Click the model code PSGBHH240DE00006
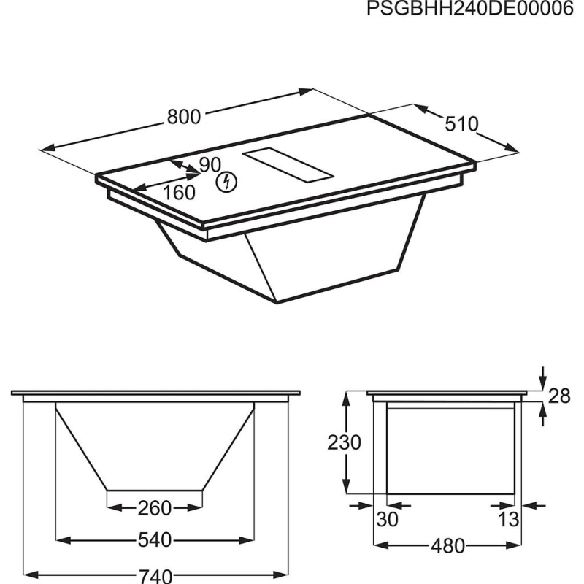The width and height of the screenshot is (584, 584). [x=470, y=8]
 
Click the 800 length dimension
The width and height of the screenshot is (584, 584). [x=184, y=116]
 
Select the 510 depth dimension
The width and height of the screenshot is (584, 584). [x=461, y=123]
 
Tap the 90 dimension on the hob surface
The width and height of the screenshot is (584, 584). [x=210, y=165]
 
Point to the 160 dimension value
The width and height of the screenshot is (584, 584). [x=179, y=193]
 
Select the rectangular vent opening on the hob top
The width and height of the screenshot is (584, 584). [x=288, y=166]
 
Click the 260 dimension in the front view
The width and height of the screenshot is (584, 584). [x=155, y=508]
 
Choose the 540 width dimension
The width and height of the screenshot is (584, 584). [x=155, y=539]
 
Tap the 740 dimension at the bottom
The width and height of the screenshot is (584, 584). [x=155, y=576]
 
